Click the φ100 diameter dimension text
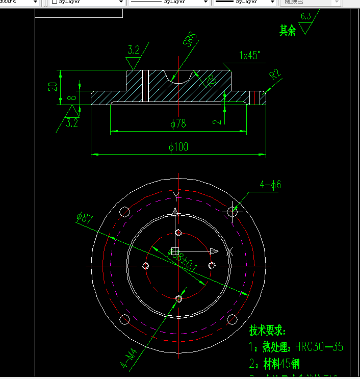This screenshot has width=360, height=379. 178,147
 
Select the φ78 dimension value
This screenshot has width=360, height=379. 178,123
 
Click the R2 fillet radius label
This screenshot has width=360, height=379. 276,74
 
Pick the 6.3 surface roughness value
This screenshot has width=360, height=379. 305,16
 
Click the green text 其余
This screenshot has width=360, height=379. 288,31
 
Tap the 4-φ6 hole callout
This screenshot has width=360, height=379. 270,185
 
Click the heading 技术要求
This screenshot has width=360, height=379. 268,331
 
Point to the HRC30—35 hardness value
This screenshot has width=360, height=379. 319,347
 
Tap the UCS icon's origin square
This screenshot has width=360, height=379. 175,251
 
